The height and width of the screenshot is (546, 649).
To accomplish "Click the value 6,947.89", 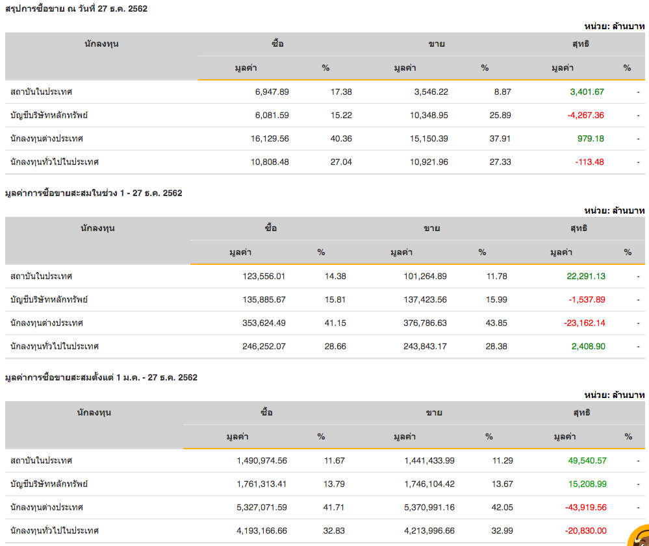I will (x=272, y=92).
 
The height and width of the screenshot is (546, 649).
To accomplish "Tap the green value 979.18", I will (x=591, y=138).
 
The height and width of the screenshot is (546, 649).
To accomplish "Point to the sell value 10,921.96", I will (x=429, y=162).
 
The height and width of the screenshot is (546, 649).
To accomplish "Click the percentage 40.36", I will (x=341, y=138).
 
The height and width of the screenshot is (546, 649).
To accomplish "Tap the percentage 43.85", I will (x=496, y=323).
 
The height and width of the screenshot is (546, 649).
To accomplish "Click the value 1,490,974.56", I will (x=262, y=460).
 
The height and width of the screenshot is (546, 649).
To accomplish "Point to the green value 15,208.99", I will (x=587, y=484).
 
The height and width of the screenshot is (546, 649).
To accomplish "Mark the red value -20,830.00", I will (x=585, y=530).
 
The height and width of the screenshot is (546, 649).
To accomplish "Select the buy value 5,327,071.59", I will (x=262, y=507).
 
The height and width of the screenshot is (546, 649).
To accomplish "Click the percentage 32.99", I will (x=502, y=530).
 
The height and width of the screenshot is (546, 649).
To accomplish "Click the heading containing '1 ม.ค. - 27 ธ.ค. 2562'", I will (x=101, y=377).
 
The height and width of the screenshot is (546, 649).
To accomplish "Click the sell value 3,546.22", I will (x=431, y=92).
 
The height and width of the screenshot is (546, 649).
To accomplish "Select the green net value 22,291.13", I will (x=586, y=276).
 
